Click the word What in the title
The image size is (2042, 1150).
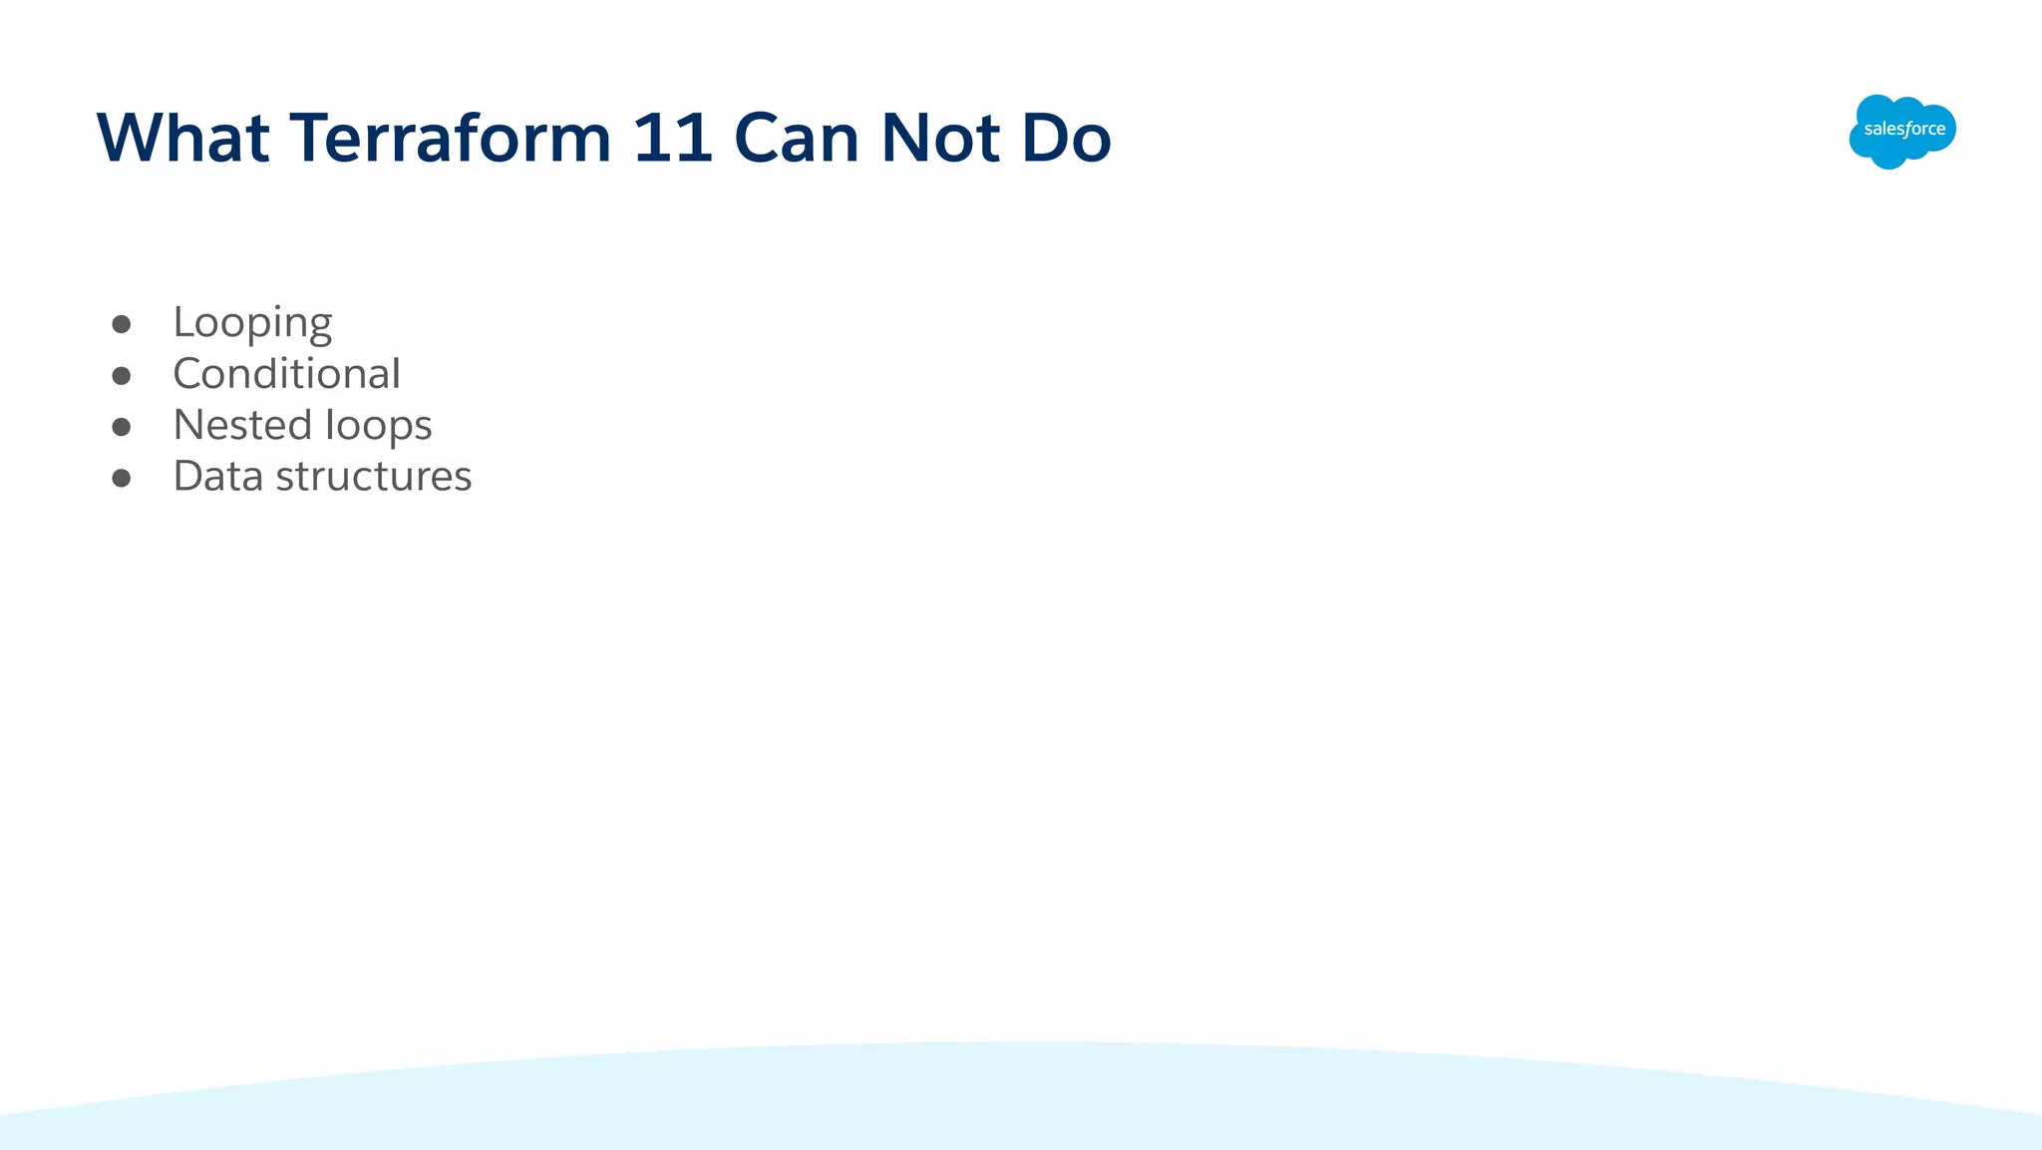[182, 138]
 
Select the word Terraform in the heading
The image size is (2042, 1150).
[450, 138]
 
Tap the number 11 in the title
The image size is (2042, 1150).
[672, 138]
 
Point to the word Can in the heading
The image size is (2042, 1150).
[797, 138]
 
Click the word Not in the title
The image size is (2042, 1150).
[940, 138]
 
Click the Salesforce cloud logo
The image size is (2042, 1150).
[1902, 131]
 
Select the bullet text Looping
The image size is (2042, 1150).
[252, 323]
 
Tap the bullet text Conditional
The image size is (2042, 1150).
[286, 374]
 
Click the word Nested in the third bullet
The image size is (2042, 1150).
[243, 425]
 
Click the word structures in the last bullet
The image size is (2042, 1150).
[374, 477]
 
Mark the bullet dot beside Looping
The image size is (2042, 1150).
[122, 324]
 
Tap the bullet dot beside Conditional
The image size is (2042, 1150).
[122, 376]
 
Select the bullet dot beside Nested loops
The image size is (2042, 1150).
[122, 427]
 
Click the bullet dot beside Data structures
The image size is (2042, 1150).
[122, 479]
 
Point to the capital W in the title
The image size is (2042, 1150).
[129, 138]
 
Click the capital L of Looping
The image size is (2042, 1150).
[182, 321]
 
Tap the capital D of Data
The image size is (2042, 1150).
[188, 476]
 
